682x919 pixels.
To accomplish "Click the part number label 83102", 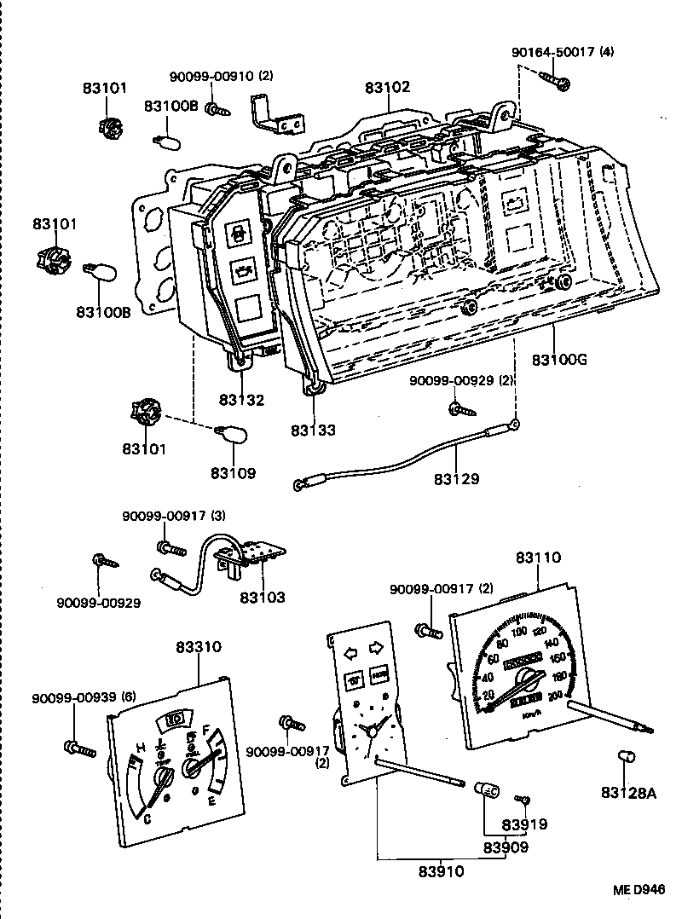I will pyautogui.click(x=388, y=87).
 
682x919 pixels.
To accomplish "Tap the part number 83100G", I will pyautogui.click(x=560, y=360).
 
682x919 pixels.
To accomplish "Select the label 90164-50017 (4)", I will pyautogui.click(x=562, y=52).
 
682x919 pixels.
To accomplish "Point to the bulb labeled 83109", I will pyautogui.click(x=229, y=434).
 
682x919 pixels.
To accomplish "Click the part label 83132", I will pyautogui.click(x=240, y=400).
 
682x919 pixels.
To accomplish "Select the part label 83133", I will pyautogui.click(x=312, y=430).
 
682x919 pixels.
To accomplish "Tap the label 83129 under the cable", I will pyautogui.click(x=456, y=478).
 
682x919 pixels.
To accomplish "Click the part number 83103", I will pyautogui.click(x=262, y=598).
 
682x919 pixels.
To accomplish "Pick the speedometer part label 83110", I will pyautogui.click(x=538, y=558).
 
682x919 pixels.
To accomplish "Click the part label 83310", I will pyautogui.click(x=199, y=647).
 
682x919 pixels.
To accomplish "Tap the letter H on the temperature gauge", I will pyautogui.click(x=139, y=748).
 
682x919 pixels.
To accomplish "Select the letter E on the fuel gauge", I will pyautogui.click(x=211, y=801).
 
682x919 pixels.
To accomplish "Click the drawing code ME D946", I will pyautogui.click(x=638, y=890).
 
